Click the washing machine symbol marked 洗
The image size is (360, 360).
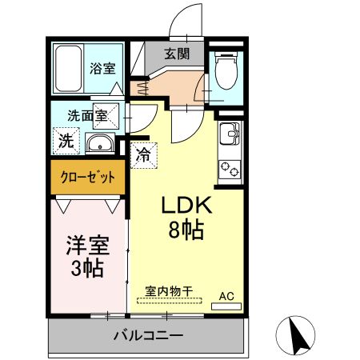[x=65, y=142]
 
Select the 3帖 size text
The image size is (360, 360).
[x=86, y=268]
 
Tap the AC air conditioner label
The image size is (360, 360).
[x=227, y=297]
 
